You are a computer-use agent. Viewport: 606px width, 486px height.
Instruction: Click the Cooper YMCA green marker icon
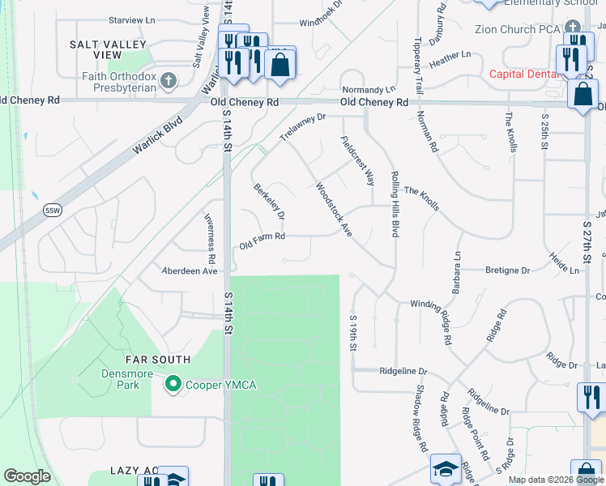click(x=173, y=384)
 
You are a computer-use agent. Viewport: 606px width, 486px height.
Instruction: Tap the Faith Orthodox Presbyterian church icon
click(x=169, y=80)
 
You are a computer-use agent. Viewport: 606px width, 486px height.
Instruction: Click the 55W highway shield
click(x=53, y=210)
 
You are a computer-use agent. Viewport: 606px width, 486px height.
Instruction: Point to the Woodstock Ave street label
click(x=333, y=209)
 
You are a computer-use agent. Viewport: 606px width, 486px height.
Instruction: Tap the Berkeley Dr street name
click(x=269, y=202)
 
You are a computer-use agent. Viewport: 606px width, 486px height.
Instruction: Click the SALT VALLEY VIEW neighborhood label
click(x=108, y=49)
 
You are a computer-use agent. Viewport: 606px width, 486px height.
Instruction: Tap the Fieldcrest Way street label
click(x=356, y=160)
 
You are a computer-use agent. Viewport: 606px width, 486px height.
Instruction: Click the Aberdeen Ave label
click(x=190, y=271)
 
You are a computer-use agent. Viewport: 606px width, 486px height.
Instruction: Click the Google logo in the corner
click(x=27, y=476)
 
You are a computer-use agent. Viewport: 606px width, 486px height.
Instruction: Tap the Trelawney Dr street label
click(x=302, y=128)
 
